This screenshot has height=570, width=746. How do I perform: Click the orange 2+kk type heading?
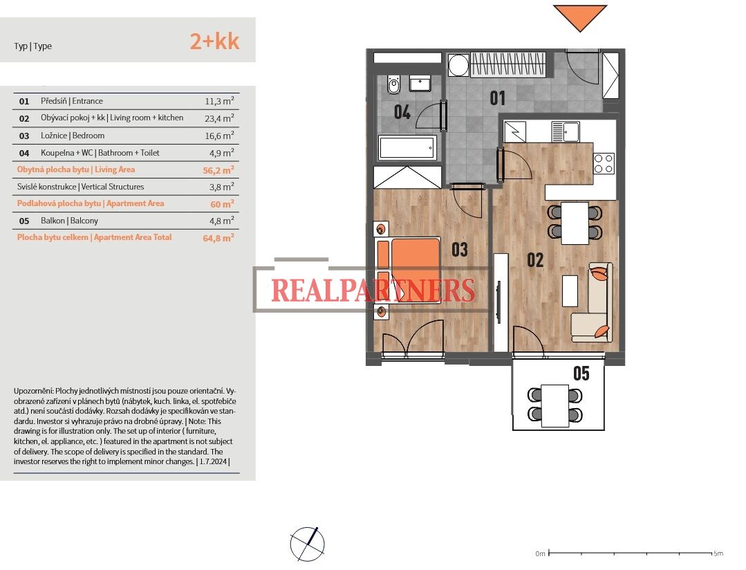click(214, 41)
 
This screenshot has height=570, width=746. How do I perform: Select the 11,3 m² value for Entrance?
click(219, 101)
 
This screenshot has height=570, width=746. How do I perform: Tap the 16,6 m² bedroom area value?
click(219, 136)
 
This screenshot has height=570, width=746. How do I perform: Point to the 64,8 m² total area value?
click(218, 238)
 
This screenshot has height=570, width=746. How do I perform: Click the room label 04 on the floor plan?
click(402, 112)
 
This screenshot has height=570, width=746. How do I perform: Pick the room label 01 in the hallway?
click(498, 98)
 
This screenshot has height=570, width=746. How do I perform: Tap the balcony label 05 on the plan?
click(581, 374)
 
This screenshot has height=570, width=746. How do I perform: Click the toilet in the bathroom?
click(393, 85)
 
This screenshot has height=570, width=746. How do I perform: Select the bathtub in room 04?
click(407, 148)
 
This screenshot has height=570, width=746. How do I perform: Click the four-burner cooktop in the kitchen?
click(604, 163)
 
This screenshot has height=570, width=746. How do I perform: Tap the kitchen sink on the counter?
click(566, 131)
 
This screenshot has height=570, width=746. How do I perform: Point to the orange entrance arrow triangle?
click(580, 17)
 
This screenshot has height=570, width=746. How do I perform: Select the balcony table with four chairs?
click(554, 405)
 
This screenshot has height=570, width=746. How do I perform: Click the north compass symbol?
click(308, 544)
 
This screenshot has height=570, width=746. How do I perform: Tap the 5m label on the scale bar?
click(718, 553)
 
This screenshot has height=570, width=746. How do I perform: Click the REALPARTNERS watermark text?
click(373, 290)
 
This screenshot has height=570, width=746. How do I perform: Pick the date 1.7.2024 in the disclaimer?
click(213, 461)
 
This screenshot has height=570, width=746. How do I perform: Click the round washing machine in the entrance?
click(459, 65)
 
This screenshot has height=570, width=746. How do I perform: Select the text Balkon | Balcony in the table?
click(69, 221)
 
